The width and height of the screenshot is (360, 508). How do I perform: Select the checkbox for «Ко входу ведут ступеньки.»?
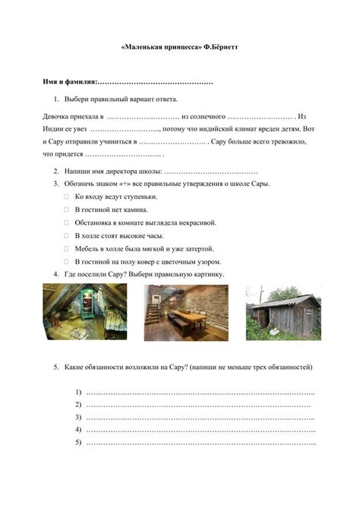(67, 197)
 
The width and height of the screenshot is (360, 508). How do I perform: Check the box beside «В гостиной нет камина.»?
(67, 210)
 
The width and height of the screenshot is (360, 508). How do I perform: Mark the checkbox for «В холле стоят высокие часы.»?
(67, 235)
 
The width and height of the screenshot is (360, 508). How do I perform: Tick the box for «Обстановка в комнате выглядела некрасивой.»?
(67, 222)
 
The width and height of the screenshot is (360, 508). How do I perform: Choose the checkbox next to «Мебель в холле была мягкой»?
(67, 248)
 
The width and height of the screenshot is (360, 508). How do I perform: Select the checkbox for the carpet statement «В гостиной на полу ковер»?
(67, 261)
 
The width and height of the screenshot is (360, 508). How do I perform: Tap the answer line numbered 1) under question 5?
(201, 393)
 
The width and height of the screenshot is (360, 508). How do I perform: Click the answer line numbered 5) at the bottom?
(201, 443)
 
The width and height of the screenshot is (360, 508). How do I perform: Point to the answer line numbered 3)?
(201, 418)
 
